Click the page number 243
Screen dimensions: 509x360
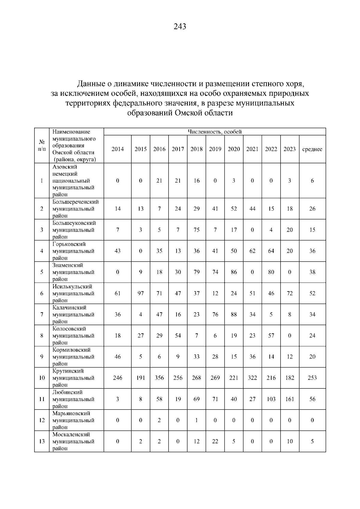click(x=180, y=27)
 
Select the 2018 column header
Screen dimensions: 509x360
click(x=196, y=149)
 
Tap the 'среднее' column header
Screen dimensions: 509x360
click(x=312, y=149)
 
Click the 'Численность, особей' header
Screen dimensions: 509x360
click(x=214, y=132)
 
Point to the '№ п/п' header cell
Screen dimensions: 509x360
click(x=42, y=145)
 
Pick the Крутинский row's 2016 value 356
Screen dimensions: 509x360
click(x=159, y=378)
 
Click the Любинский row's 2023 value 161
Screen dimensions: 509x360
click(x=289, y=399)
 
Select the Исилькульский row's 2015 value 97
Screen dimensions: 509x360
click(x=140, y=293)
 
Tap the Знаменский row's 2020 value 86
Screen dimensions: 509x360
click(x=234, y=272)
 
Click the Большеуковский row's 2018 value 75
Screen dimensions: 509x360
click(x=196, y=230)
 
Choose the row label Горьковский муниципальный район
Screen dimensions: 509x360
click(x=73, y=251)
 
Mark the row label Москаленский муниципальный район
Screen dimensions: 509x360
click(x=73, y=441)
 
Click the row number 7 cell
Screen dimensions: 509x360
click(x=42, y=314)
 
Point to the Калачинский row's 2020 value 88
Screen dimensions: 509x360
click(x=234, y=314)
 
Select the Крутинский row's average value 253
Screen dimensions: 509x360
click(x=312, y=378)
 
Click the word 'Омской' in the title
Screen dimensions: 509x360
click(x=188, y=113)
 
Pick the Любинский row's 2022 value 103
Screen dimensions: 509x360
click(x=271, y=399)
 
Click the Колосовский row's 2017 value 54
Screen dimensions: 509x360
click(x=178, y=335)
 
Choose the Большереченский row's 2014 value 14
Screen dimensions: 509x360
click(x=118, y=209)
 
